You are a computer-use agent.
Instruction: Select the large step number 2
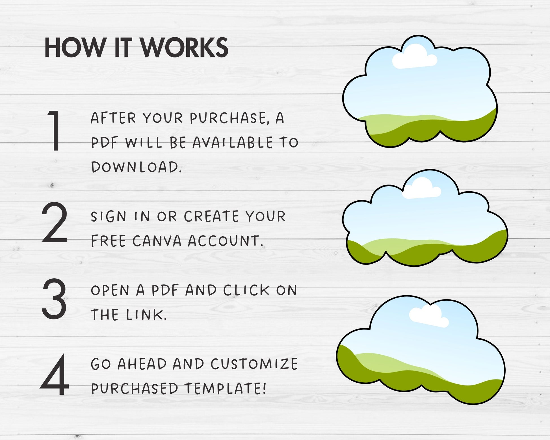coord(55,222)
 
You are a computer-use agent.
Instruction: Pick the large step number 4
coord(55,374)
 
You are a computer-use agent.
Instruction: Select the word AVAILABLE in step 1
coord(233,142)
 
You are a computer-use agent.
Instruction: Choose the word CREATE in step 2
coord(212,217)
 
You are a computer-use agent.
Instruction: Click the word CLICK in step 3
coord(246,291)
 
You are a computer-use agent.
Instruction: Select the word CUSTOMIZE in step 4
coord(254,364)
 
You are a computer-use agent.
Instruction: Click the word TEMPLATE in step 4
coord(225,388)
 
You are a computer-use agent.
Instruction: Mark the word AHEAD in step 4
coord(142,364)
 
